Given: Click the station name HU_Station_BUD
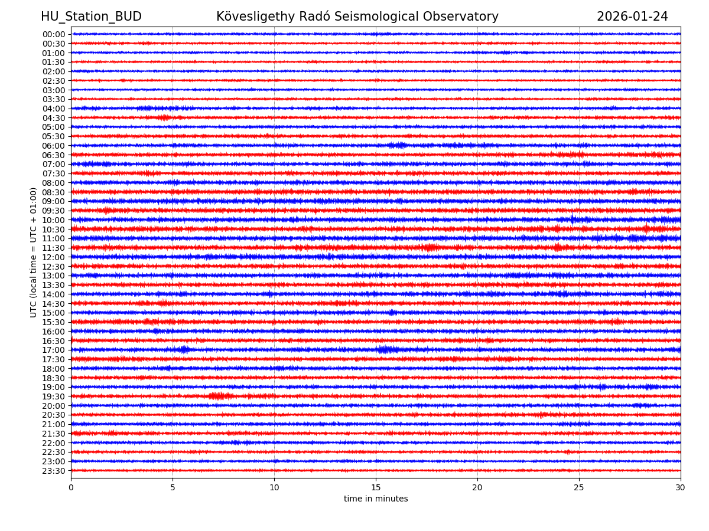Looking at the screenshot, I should pyautogui.click(x=91, y=17).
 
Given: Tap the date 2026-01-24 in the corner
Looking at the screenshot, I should pyautogui.click(x=632, y=17).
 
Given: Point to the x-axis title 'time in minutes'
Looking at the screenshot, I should pyautogui.click(x=376, y=499).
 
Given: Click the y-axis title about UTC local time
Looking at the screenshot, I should pyautogui.click(x=34, y=252).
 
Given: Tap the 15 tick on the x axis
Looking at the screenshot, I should pyautogui.click(x=376, y=488).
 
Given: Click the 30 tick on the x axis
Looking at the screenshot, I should pyautogui.click(x=681, y=488).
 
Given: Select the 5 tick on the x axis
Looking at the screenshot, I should pyautogui.click(x=173, y=488).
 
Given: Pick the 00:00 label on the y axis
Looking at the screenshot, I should pyautogui.click(x=54, y=34).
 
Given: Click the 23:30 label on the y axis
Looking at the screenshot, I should pyautogui.click(x=54, y=471).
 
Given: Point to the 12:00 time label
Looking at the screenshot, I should pyautogui.click(x=54, y=257).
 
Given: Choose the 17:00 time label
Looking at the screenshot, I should pyautogui.click(x=54, y=350).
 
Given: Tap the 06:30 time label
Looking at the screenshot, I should pyautogui.click(x=54, y=155).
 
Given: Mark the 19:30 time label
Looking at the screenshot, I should pyautogui.click(x=54, y=396).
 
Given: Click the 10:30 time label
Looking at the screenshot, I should pyautogui.click(x=54, y=229).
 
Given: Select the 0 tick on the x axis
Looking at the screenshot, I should pyautogui.click(x=71, y=488).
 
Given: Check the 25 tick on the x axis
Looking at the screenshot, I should pyautogui.click(x=579, y=488).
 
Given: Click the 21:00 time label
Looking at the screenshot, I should pyautogui.click(x=54, y=424).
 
